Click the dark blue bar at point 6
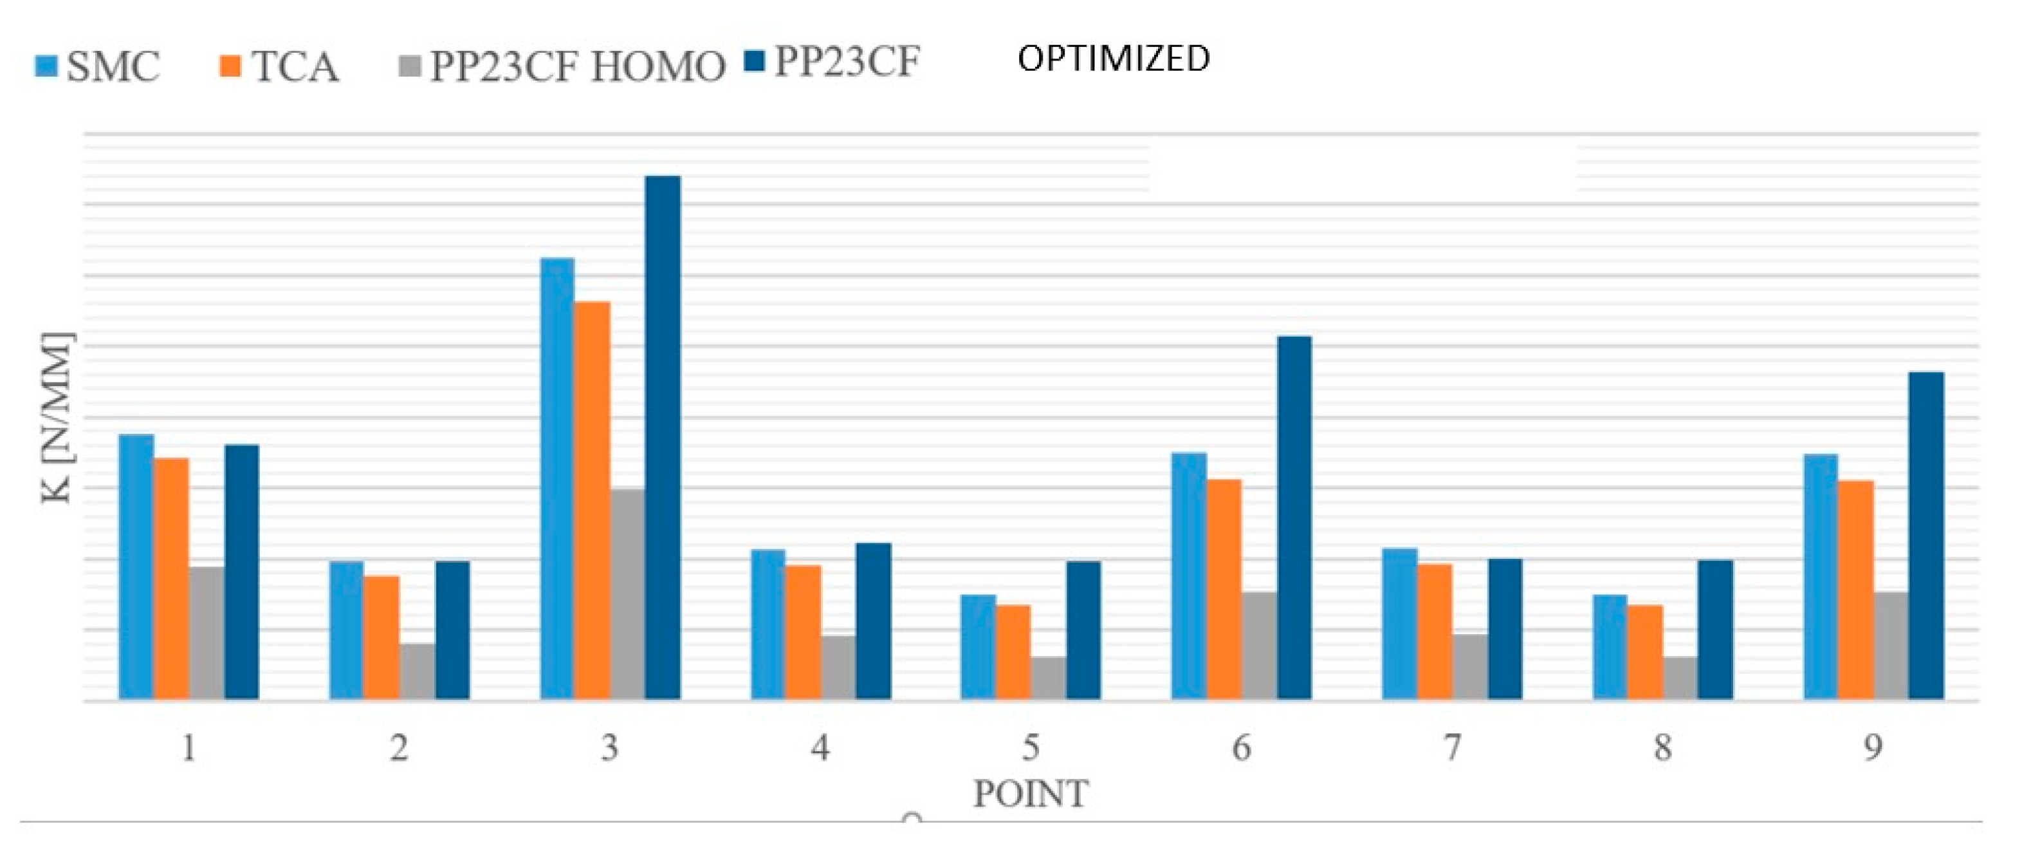(x=1294, y=518)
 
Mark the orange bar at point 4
(x=803, y=632)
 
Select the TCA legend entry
(x=279, y=66)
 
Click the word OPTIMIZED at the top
(x=1113, y=59)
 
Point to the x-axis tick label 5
(x=1031, y=747)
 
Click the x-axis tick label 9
(x=1873, y=747)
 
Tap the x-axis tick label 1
(x=188, y=747)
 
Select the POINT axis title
(x=1031, y=794)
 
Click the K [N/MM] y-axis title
(x=57, y=418)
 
